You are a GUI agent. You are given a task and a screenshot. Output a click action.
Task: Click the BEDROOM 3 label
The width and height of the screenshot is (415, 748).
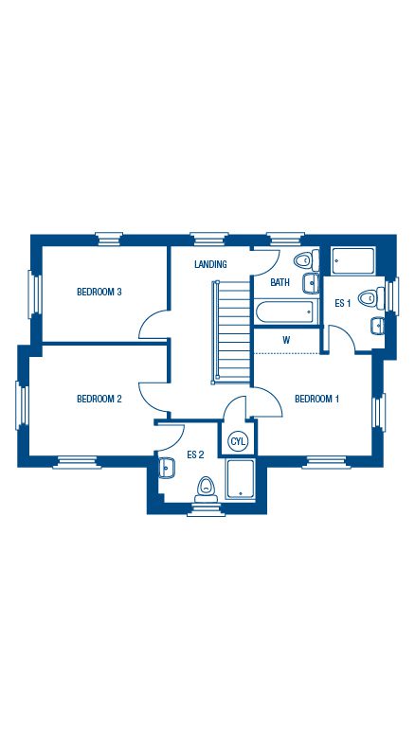[99, 292]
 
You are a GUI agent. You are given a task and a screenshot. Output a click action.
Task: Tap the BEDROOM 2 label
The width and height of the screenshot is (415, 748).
[99, 399]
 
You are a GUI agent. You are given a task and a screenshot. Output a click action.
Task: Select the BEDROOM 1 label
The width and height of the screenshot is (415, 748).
[316, 399]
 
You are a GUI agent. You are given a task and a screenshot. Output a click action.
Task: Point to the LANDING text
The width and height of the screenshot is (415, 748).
[210, 264]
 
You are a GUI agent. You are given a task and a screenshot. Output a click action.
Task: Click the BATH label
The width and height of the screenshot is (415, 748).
[280, 282]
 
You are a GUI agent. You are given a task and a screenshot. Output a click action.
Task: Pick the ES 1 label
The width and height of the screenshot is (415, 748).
[342, 303]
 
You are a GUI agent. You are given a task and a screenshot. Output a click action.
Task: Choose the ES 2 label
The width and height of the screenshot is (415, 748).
[195, 454]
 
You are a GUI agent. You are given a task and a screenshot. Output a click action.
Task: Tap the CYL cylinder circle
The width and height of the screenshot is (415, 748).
[238, 441]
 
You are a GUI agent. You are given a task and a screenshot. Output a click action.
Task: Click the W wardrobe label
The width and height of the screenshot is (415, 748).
[286, 340]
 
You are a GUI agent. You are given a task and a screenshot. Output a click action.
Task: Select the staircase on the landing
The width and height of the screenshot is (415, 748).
[231, 332]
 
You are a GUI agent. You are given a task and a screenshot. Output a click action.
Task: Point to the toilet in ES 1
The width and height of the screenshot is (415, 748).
[371, 298]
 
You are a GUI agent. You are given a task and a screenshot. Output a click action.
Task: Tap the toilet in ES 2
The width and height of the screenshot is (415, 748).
[206, 490]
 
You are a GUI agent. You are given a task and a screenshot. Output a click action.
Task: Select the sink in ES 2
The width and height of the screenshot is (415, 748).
[166, 468]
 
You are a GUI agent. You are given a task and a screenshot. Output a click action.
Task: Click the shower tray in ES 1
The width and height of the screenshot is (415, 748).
[353, 261]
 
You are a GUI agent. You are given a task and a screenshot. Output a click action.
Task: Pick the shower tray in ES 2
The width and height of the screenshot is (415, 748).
[241, 479]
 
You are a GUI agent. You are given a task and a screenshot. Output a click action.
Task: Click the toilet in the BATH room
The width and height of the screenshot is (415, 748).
[306, 260]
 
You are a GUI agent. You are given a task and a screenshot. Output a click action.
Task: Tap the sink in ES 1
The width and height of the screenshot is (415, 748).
[377, 326]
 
